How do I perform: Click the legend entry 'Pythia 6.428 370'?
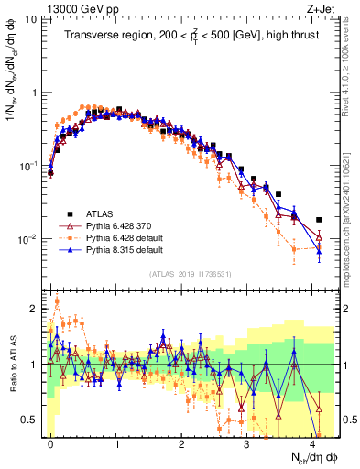[118, 225]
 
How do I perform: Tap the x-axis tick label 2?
[182, 442]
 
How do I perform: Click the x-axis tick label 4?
[314, 442]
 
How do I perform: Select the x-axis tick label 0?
[50, 442]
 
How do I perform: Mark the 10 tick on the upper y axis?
[30, 19]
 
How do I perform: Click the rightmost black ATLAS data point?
[319, 220]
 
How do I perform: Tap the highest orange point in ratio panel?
[57, 300]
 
